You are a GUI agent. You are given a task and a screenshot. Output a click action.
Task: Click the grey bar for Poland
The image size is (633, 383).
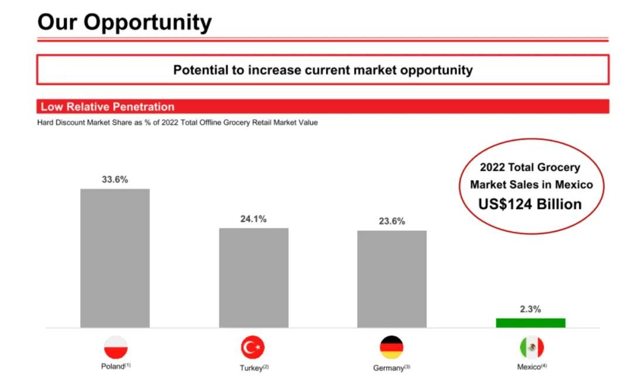(x=115, y=258)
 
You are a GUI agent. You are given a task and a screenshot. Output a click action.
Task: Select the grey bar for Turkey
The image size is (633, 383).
(x=254, y=278)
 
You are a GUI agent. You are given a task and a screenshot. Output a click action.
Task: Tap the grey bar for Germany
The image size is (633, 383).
(x=392, y=279)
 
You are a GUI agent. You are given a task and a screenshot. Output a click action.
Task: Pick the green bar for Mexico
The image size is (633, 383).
(x=531, y=323)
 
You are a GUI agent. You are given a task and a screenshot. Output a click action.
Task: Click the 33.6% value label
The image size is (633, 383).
(x=115, y=179)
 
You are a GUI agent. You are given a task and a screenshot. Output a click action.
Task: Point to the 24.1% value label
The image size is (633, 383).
(x=254, y=219)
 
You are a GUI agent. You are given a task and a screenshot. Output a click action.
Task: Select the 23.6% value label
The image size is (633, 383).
(x=392, y=221)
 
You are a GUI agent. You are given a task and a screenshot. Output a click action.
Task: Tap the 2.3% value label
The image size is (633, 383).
(x=530, y=309)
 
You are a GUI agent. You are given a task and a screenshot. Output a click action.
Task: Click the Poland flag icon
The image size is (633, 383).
(x=116, y=347)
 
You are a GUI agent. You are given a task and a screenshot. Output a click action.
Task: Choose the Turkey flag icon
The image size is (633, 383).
(x=253, y=347)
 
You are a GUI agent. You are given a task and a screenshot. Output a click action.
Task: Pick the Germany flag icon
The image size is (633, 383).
(x=392, y=347)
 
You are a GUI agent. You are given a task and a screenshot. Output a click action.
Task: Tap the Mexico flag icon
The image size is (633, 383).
(x=532, y=347)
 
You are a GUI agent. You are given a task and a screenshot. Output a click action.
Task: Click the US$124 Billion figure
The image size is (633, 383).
(x=530, y=204)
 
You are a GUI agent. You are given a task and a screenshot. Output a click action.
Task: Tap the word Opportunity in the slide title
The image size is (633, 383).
(x=147, y=23)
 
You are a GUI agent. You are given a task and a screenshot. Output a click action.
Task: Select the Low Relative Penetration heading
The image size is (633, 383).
(x=107, y=107)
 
